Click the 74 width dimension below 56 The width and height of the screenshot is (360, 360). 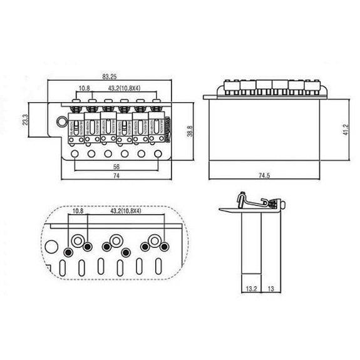pyautogui.click(x=116, y=178)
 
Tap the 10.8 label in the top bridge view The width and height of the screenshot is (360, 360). pyautogui.click(x=84, y=88)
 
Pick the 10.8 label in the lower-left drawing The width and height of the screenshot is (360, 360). pyautogui.click(x=78, y=212)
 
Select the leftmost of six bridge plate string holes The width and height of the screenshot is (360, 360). pyautogui.click(x=75, y=153)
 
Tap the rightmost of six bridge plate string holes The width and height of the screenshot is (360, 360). pyautogui.click(x=157, y=153)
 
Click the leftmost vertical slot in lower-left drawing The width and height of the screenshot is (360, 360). pyautogui.click(x=63, y=270)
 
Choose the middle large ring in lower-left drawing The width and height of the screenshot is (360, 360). pyautogui.click(x=115, y=240)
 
